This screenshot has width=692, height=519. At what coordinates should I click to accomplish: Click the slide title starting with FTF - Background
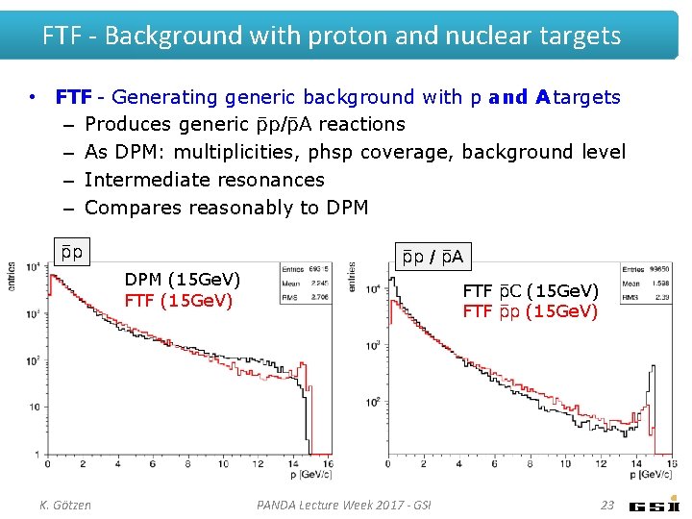[332, 36]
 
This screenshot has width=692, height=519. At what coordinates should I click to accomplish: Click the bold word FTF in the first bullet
[73, 97]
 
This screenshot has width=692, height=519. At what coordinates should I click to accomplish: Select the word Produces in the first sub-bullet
[123, 125]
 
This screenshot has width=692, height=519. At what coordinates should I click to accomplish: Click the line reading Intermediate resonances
[204, 180]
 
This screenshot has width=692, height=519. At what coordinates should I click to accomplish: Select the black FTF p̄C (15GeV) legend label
[530, 290]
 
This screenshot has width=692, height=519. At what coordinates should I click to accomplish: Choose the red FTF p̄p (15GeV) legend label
[530, 311]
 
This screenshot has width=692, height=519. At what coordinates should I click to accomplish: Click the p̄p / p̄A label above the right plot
[432, 257]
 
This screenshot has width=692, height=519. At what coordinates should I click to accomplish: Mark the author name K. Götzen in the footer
[66, 505]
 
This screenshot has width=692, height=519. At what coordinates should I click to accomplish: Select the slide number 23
[606, 505]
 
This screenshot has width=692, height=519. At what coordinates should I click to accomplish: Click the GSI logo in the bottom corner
[655, 506]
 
